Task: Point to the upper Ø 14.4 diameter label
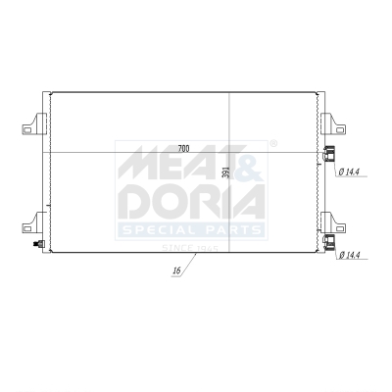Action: tap(350, 172)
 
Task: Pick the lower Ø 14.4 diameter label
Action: tap(350, 256)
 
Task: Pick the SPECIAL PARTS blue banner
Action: tap(191, 230)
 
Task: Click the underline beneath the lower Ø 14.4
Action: tap(350, 262)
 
